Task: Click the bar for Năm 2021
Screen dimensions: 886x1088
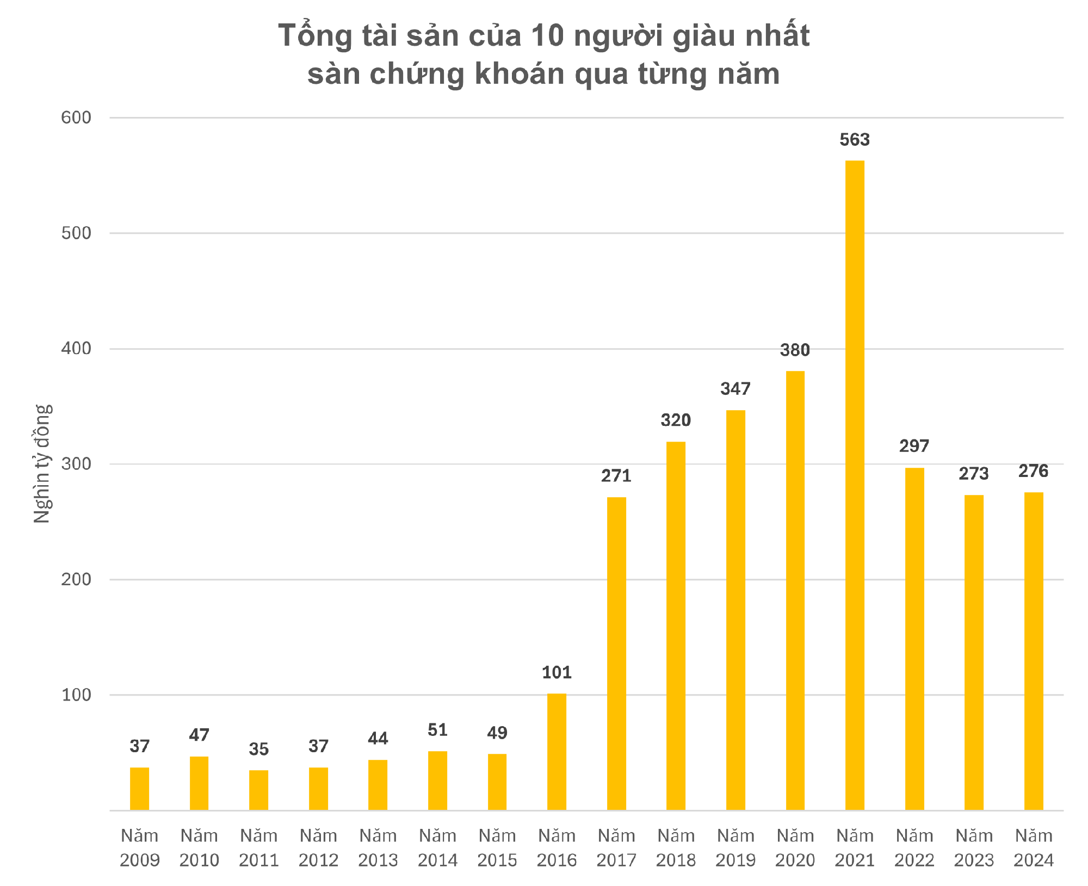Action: [855, 485]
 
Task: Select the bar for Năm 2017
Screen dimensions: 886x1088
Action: [616, 653]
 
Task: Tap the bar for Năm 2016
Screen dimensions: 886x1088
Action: [557, 752]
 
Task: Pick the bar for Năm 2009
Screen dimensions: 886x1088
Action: [139, 789]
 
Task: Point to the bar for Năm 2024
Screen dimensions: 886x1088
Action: [1034, 651]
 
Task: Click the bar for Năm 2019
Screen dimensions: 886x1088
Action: [735, 610]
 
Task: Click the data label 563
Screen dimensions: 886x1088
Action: [855, 140]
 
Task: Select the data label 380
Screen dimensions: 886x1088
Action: [795, 350]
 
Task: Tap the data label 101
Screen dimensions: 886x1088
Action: [557, 673]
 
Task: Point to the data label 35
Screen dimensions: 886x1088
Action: [259, 749]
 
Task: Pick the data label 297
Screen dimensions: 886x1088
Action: [914, 447]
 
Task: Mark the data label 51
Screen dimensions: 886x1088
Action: [437, 730]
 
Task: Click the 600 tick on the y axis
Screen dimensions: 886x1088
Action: [76, 117]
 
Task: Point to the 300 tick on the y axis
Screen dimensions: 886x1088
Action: [76, 464]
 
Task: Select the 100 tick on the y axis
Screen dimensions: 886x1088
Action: [76, 695]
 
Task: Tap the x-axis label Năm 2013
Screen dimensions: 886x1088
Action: [378, 847]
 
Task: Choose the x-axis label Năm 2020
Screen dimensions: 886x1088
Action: [795, 847]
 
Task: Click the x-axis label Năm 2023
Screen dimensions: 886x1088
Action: [974, 847]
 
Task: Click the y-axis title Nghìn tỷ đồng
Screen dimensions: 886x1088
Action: [42, 464]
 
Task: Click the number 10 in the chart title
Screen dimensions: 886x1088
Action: [548, 36]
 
